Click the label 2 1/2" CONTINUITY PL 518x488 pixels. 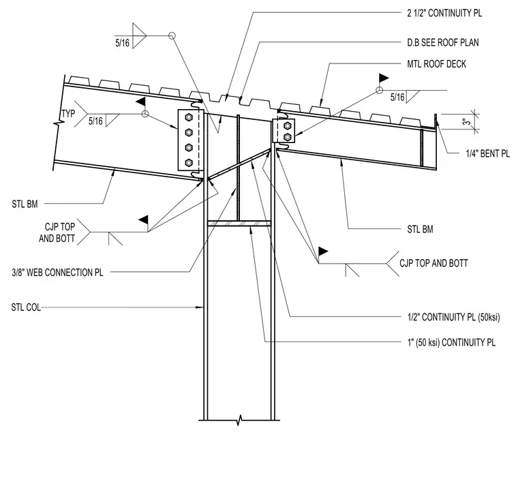click(x=444, y=13)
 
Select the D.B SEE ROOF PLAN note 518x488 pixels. click(x=442, y=42)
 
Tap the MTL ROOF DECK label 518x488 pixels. click(x=436, y=64)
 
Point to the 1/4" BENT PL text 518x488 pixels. click(x=487, y=153)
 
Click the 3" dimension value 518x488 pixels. click(x=466, y=122)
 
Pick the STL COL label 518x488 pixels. click(x=26, y=307)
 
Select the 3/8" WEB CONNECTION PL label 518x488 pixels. click(x=57, y=272)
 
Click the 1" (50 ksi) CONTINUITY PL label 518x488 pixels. click(x=451, y=342)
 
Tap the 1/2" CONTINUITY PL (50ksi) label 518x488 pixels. click(x=453, y=317)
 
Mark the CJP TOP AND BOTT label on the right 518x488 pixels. click(x=433, y=263)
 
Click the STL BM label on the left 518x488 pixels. click(x=25, y=204)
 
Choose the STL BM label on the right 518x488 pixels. click(x=420, y=229)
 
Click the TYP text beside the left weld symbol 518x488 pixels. click(x=68, y=114)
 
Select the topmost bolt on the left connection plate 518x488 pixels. click(x=189, y=117)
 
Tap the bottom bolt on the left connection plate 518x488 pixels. click(x=189, y=162)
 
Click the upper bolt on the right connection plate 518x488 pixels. click(x=287, y=125)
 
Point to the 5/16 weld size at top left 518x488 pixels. click(x=122, y=43)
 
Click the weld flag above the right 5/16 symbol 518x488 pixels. click(x=383, y=78)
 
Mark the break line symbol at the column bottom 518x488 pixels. click(x=239, y=421)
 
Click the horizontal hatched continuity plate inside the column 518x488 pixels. click(x=239, y=224)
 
